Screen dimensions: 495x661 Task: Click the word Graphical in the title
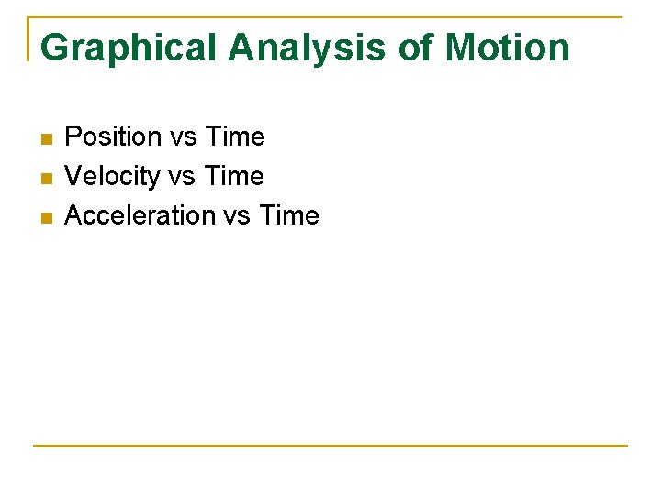(129, 48)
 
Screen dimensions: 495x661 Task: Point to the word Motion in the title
(508, 48)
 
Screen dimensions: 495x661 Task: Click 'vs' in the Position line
(184, 137)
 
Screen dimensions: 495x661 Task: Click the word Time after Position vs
(235, 137)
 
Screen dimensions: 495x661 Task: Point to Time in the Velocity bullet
(235, 176)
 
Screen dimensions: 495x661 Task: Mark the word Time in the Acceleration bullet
(289, 215)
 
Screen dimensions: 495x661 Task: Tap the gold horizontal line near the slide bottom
(330, 445)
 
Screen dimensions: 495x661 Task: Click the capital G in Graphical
(55, 48)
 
